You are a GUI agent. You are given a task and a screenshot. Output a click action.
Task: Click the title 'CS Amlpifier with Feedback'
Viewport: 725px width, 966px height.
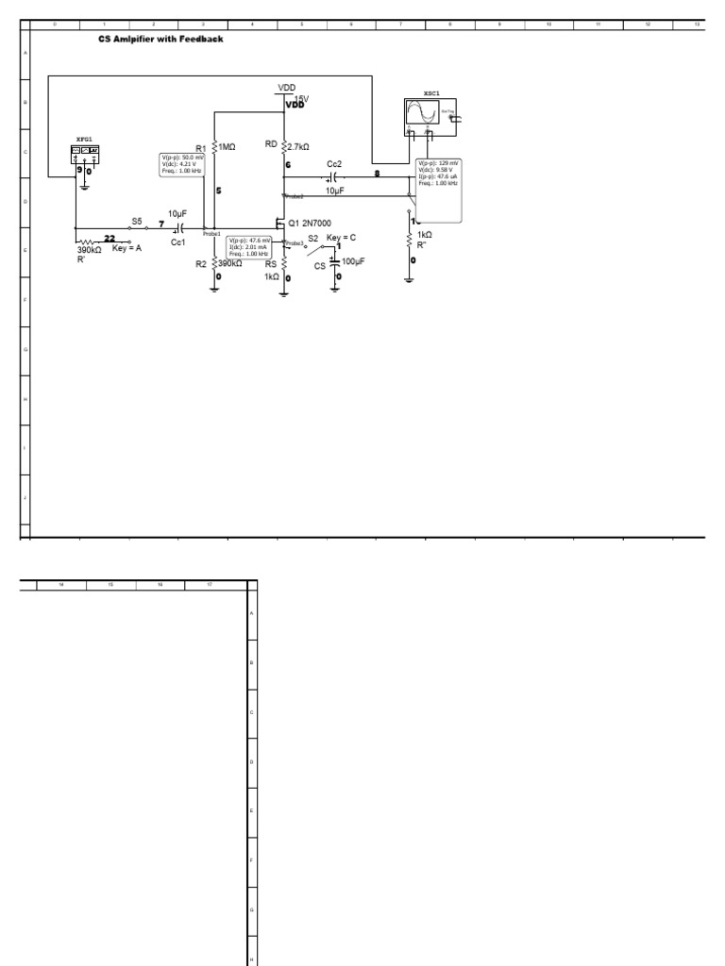tap(160, 40)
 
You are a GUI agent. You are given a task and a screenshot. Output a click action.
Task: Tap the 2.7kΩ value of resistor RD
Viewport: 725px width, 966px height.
tap(301, 146)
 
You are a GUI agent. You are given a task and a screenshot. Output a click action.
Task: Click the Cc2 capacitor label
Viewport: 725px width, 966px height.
tap(334, 164)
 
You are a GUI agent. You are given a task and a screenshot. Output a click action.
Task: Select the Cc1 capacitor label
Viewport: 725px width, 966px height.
tap(177, 241)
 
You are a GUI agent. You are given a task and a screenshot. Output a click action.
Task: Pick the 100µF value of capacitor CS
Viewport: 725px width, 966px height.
tap(353, 261)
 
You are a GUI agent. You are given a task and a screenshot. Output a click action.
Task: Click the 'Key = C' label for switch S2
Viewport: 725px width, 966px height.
tap(341, 237)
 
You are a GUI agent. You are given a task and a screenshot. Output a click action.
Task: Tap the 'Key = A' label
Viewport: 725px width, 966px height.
tap(127, 247)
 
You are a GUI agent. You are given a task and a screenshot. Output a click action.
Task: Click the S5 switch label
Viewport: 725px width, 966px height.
tap(137, 221)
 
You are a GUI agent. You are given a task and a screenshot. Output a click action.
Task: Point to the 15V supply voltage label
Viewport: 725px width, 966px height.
tap(301, 98)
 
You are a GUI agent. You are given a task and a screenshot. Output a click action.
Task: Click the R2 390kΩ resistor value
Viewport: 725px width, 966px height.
tap(230, 264)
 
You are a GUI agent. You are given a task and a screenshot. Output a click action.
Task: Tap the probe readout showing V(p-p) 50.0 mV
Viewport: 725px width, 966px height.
tap(182, 164)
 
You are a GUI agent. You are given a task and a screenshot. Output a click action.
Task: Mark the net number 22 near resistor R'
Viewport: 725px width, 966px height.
tap(110, 239)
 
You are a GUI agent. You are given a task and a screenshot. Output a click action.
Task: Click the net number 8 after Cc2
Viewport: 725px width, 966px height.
tap(378, 174)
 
